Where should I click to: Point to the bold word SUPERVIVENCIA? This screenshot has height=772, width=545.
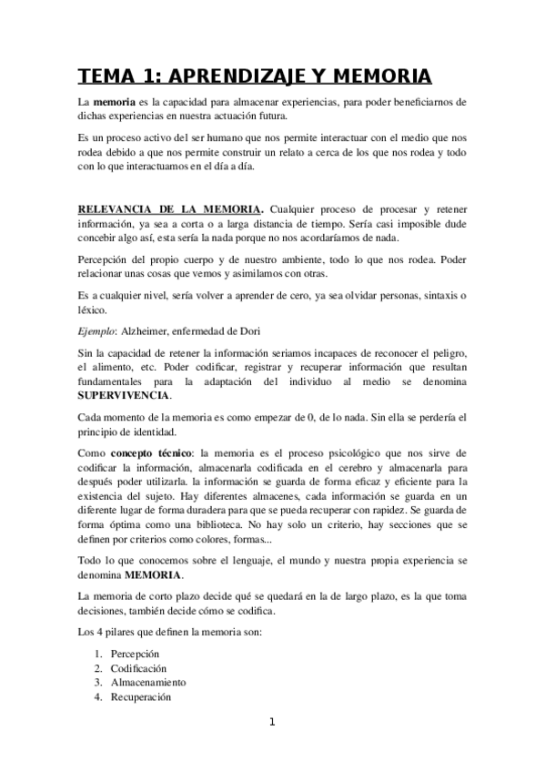coord(123,395)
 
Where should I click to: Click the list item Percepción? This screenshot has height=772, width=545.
coord(135,654)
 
